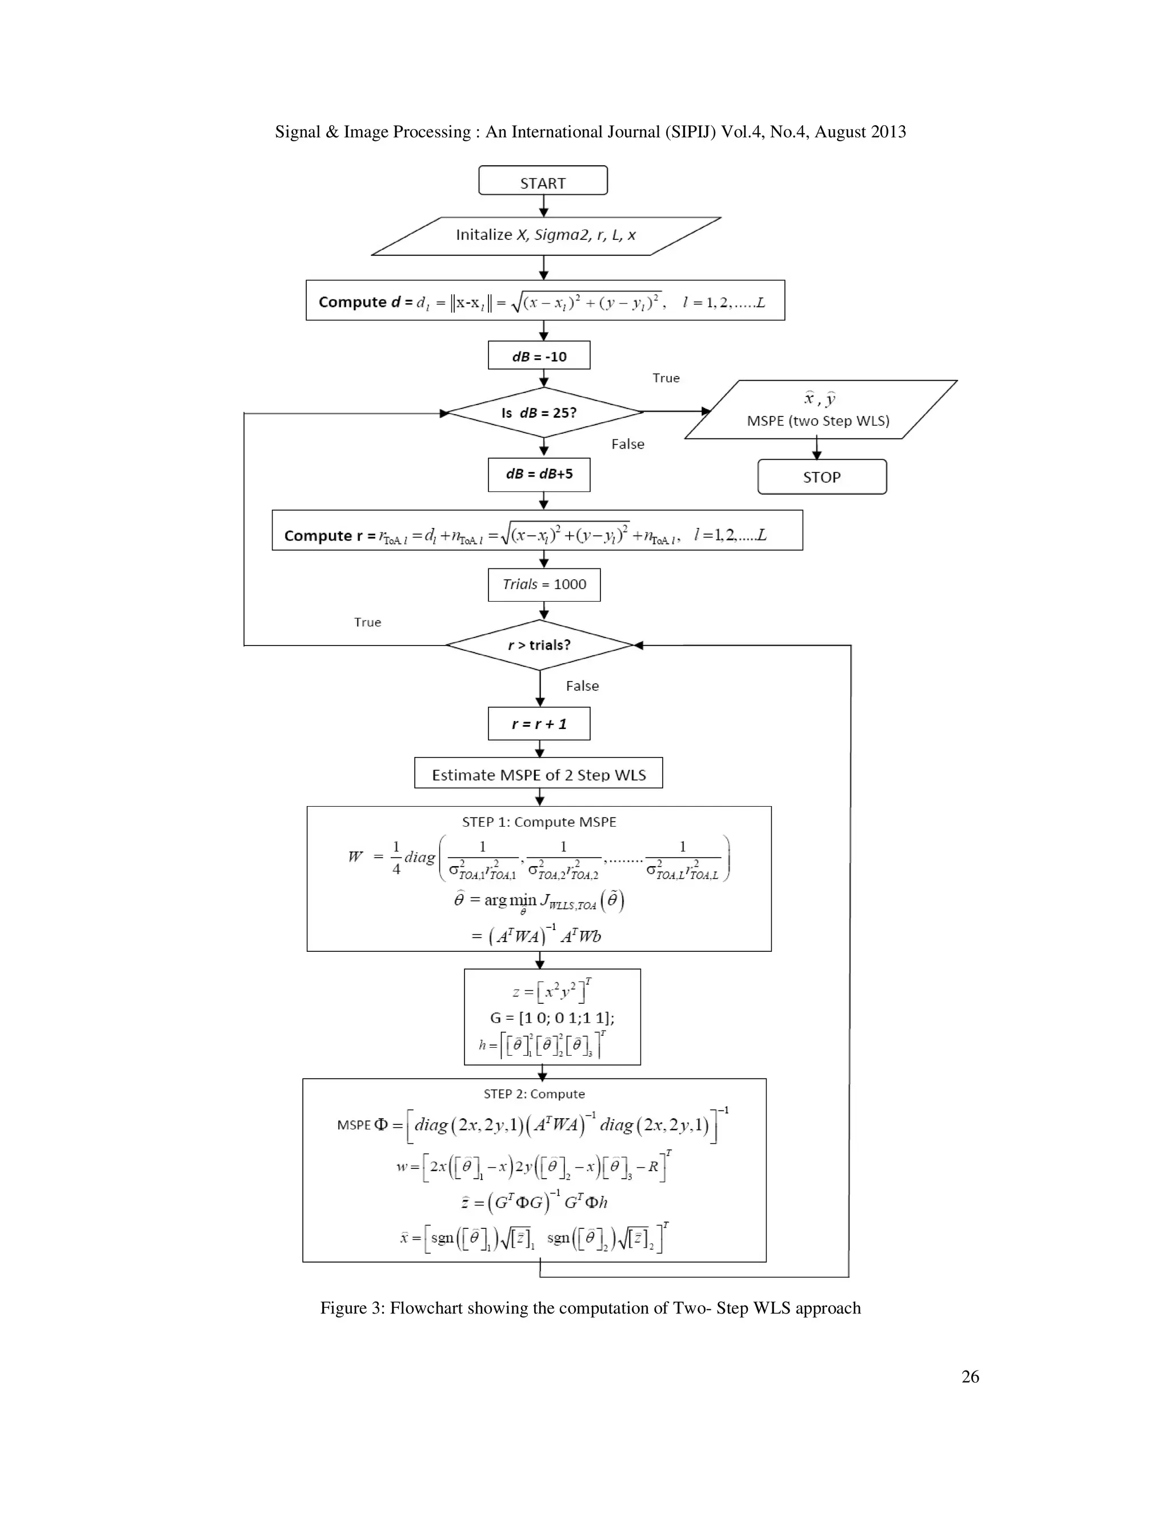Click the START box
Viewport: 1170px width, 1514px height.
(x=543, y=181)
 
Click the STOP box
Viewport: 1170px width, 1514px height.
(x=822, y=477)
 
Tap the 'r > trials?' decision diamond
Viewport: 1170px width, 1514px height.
(x=539, y=644)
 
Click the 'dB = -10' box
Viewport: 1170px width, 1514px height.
(x=539, y=355)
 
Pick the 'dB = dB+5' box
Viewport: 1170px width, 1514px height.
(x=539, y=474)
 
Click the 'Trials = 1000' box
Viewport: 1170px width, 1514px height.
(x=544, y=584)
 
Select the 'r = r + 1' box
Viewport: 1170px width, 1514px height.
(x=539, y=724)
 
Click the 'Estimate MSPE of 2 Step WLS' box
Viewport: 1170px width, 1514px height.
(x=539, y=774)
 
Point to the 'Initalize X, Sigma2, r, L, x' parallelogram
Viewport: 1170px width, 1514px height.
(x=546, y=235)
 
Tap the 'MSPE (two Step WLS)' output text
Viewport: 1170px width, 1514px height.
(x=818, y=421)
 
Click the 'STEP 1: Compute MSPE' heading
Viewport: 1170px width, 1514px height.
(x=539, y=822)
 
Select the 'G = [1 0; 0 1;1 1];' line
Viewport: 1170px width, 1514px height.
(x=552, y=1017)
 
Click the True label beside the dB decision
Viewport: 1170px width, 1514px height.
(x=666, y=378)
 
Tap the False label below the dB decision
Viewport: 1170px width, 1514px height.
(x=627, y=444)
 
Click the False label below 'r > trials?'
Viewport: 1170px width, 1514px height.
(x=582, y=686)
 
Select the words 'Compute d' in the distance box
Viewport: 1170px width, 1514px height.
(x=359, y=302)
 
